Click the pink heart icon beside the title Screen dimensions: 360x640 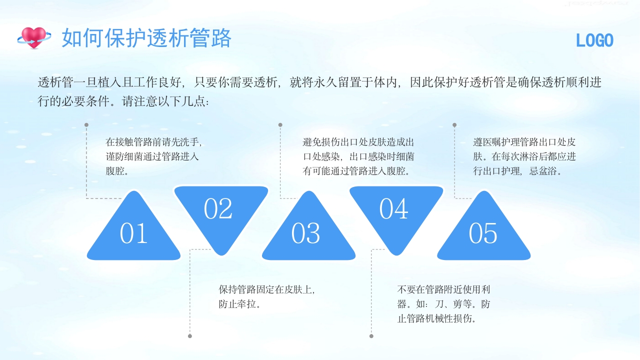34,37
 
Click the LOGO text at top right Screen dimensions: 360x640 594,40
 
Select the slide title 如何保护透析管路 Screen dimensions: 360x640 146,38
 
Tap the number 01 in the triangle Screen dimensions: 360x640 133,233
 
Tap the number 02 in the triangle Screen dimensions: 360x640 218,209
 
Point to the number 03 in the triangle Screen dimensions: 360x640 305,233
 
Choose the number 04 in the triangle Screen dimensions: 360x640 393,209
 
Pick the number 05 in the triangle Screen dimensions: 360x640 483,233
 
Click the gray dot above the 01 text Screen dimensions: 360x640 86,125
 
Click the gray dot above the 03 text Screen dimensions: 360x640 280,125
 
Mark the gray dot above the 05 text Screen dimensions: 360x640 454,125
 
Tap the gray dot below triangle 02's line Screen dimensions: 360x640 190,336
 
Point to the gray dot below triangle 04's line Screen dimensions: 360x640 371,336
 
